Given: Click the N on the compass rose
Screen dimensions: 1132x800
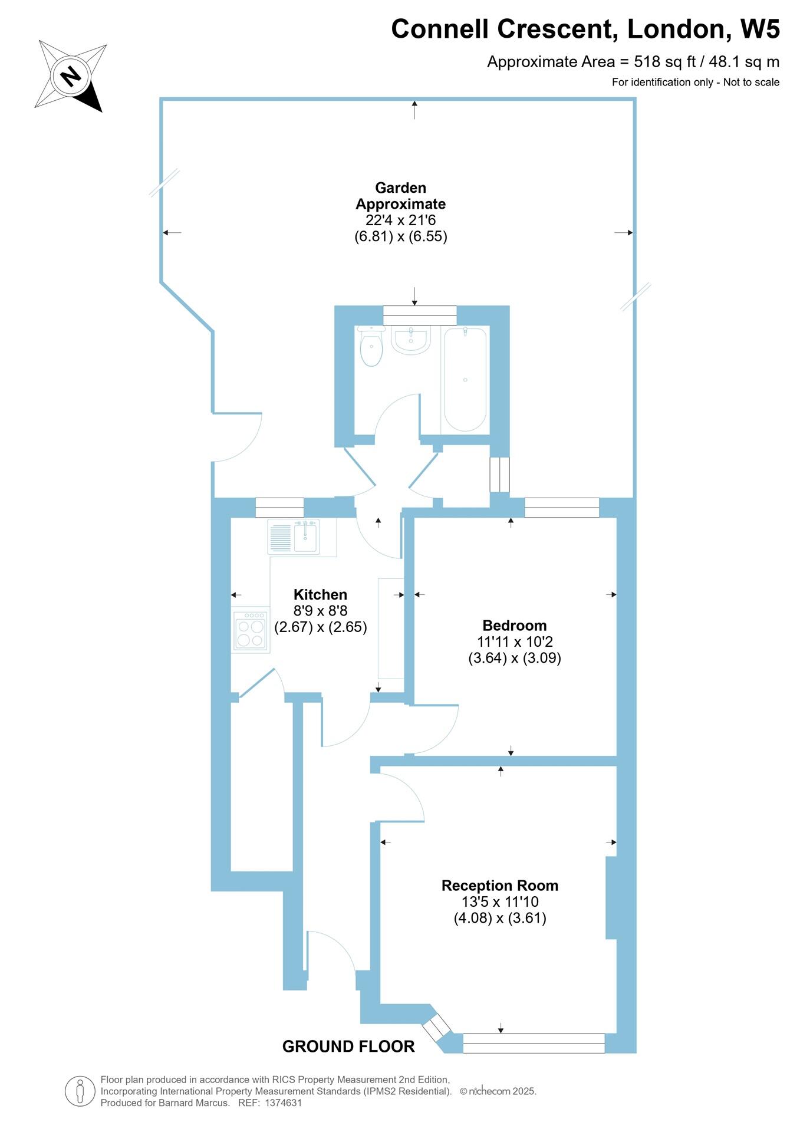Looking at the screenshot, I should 71,76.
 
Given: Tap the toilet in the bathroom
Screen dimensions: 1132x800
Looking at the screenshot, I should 371,348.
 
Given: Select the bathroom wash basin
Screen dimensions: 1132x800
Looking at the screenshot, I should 410,340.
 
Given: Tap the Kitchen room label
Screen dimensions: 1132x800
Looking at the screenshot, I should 320,594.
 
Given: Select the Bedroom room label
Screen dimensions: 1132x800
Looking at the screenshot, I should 514,626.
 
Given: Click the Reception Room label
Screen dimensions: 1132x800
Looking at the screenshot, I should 499,886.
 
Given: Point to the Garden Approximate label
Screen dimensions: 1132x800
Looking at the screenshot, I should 400,196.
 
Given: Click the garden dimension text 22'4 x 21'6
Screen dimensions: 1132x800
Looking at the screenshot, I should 400,221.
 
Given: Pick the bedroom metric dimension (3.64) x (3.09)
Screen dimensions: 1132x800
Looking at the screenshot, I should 514,658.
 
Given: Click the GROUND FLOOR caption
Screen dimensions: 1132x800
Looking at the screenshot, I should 348,1047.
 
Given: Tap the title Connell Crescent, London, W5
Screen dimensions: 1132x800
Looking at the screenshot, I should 585,29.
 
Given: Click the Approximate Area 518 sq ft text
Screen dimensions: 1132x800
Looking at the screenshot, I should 633,62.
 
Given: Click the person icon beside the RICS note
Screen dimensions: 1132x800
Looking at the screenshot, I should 80,1091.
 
